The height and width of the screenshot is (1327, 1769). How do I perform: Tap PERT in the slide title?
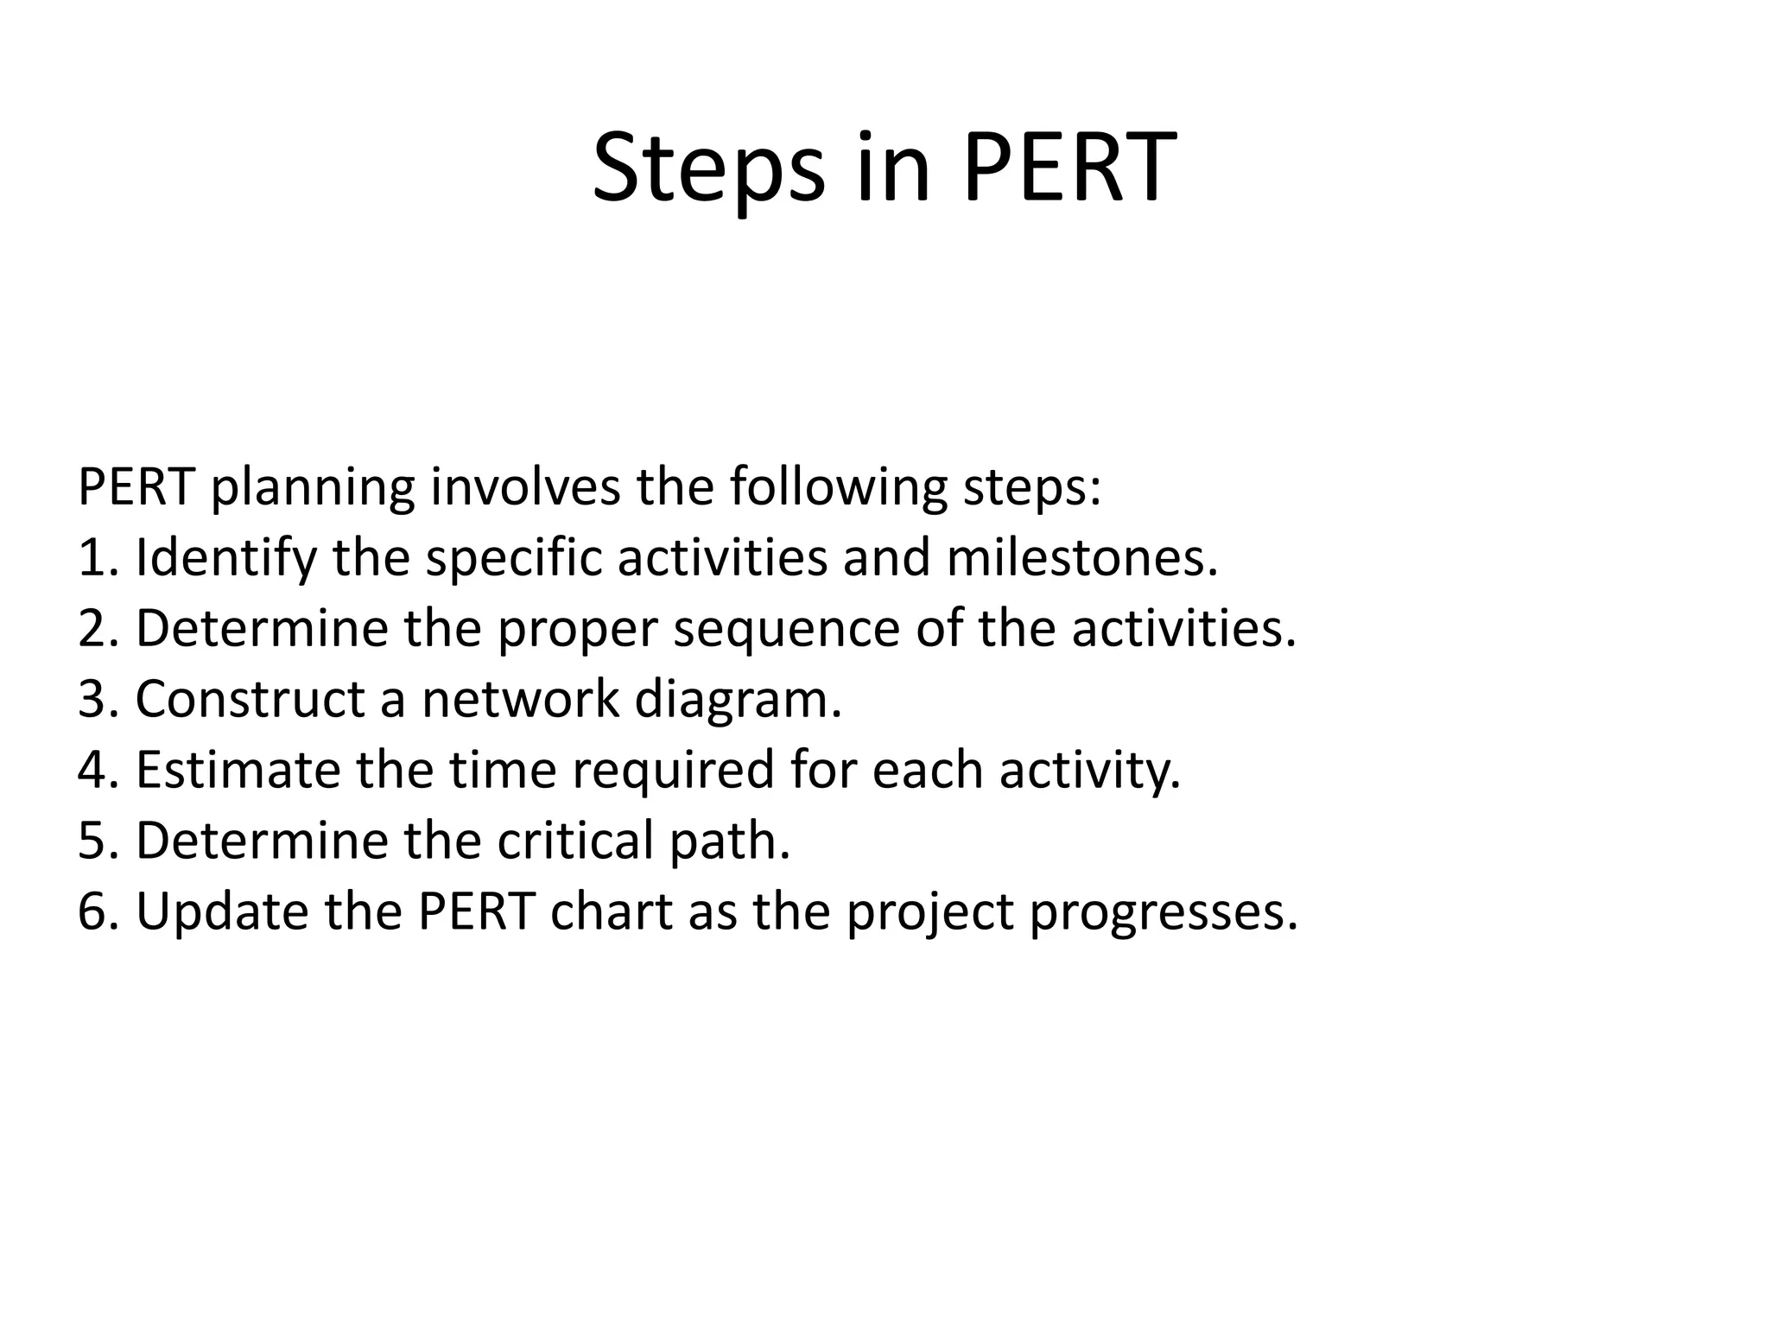(x=1069, y=168)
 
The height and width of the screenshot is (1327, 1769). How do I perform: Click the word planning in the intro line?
(x=313, y=488)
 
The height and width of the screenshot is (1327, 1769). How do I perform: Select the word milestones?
(x=1081, y=558)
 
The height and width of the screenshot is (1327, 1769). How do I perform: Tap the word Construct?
(x=250, y=699)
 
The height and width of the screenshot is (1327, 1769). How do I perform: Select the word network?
(x=520, y=699)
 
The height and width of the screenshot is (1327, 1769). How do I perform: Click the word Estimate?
(x=238, y=770)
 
